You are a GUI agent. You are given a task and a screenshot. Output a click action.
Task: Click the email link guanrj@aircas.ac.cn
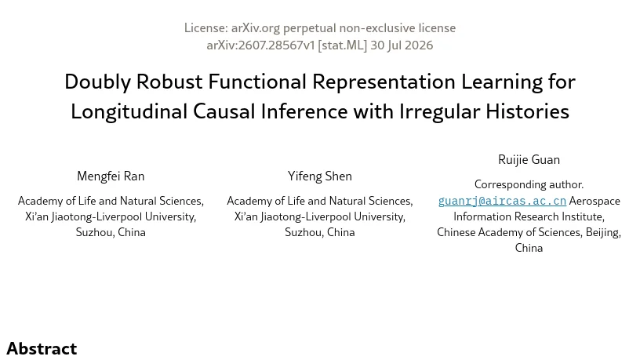coord(502,201)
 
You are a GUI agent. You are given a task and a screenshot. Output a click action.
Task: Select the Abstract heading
coord(42,348)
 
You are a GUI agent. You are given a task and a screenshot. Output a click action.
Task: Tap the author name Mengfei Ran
coord(111,176)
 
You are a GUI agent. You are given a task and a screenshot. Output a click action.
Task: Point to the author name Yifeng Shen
coord(319,176)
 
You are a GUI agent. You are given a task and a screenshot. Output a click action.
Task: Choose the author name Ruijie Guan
coord(529,159)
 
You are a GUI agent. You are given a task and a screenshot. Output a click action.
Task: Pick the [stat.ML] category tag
coord(343,45)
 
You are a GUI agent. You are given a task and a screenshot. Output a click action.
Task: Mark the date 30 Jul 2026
coord(402,45)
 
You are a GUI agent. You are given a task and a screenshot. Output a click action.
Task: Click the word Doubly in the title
coord(97,82)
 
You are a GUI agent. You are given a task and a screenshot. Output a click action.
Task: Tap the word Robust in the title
coord(169,82)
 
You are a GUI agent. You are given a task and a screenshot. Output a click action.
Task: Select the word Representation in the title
coord(384,83)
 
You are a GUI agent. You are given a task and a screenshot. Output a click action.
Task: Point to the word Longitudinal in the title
coord(129,112)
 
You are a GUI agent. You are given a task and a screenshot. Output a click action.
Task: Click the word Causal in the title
coord(224,111)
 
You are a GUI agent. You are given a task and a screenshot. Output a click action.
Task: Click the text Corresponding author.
coord(529,184)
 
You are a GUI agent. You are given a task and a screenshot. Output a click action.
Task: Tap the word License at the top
coord(205,27)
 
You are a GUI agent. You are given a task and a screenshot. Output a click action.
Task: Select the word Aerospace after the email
coord(595,201)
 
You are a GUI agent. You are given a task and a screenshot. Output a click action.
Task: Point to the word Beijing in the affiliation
coord(603,232)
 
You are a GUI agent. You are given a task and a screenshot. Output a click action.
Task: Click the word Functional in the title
coord(257,82)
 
